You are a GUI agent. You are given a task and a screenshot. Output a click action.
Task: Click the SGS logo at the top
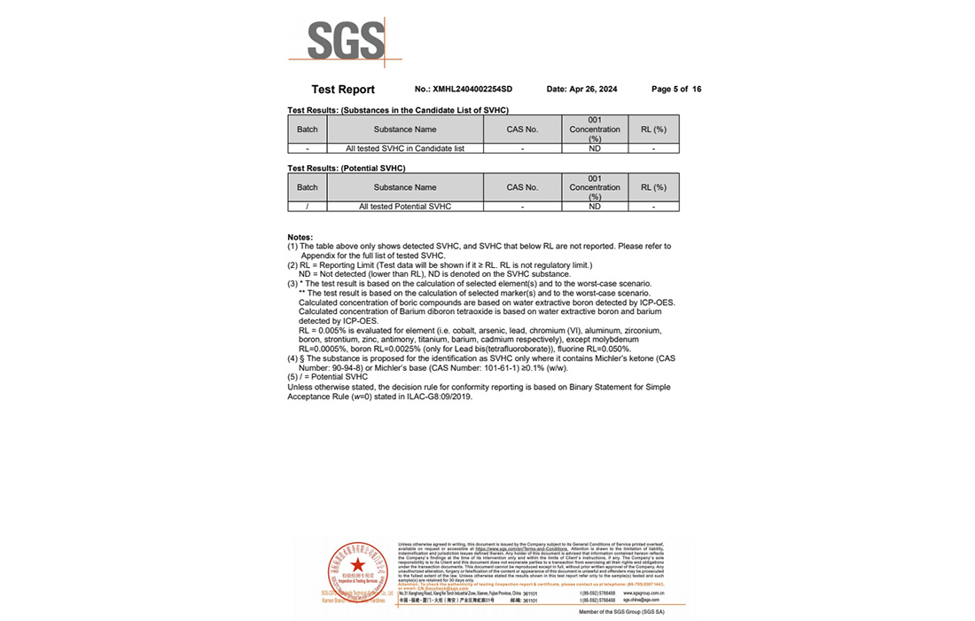pyautogui.click(x=346, y=41)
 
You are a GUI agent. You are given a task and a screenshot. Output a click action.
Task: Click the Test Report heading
pyautogui.click(x=343, y=90)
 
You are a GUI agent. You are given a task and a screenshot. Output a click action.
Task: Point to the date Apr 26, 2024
pyautogui.click(x=582, y=90)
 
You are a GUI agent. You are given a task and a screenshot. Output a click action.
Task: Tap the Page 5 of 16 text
pyautogui.click(x=676, y=90)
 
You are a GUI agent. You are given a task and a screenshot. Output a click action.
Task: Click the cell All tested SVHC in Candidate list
pyautogui.click(x=405, y=148)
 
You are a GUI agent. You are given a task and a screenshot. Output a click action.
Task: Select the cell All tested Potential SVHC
pyautogui.click(x=405, y=207)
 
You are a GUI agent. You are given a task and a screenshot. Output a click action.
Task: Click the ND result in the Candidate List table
pyautogui.click(x=595, y=148)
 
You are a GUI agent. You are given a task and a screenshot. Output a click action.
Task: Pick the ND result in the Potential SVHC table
pyautogui.click(x=595, y=207)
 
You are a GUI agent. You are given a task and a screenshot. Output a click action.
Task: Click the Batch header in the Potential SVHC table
pyautogui.click(x=308, y=187)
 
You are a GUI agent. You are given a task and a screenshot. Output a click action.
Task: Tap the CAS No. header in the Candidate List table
pyautogui.click(x=522, y=130)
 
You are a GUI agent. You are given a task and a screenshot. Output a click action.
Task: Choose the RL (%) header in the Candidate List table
pyautogui.click(x=653, y=130)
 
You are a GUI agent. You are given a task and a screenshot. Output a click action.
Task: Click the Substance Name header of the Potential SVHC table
pyautogui.click(x=405, y=187)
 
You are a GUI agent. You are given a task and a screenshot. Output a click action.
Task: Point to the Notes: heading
pyautogui.click(x=300, y=238)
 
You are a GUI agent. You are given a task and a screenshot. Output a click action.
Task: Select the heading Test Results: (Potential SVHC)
pyautogui.click(x=347, y=168)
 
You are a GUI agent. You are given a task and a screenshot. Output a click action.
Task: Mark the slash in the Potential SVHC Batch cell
pyautogui.click(x=308, y=207)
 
